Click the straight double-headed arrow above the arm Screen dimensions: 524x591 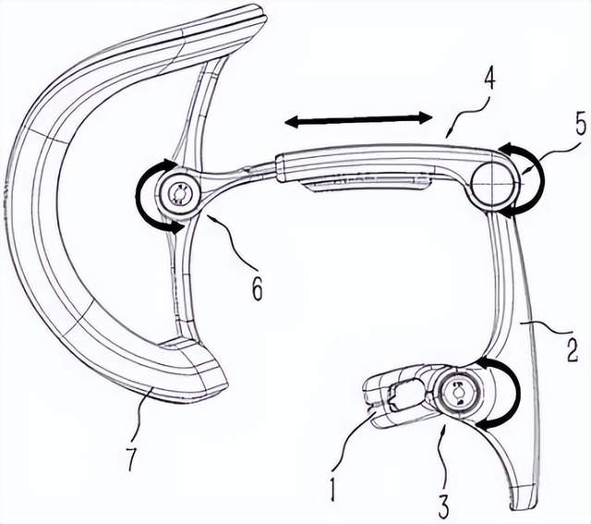[x=357, y=120]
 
